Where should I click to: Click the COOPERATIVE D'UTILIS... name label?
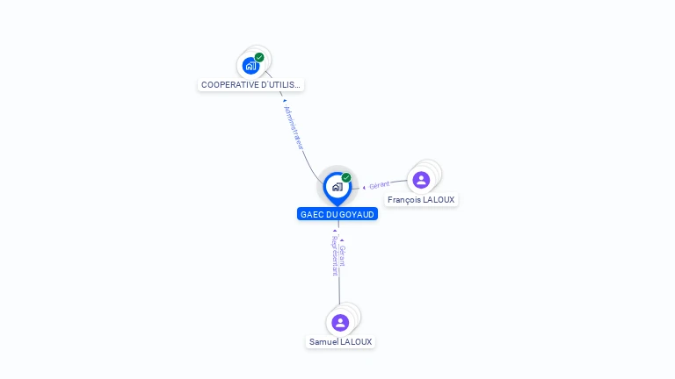tap(250, 85)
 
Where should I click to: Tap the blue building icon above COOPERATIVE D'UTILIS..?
tap(251, 65)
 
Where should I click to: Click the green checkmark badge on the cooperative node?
tap(259, 57)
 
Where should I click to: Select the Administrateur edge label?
tap(294, 128)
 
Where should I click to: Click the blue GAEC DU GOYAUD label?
tap(337, 214)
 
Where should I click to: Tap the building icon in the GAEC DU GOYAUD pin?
tap(337, 186)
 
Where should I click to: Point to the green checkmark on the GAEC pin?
tap(346, 178)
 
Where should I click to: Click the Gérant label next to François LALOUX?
tap(380, 185)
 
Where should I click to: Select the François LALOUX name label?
tap(421, 200)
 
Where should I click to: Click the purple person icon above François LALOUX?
tap(421, 180)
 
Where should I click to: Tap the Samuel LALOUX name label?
tap(340, 342)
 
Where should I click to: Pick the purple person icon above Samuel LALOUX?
tap(340, 322)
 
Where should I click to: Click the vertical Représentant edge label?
tap(334, 255)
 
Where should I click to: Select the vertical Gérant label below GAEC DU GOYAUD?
tap(343, 255)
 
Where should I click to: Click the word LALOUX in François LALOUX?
tap(439, 200)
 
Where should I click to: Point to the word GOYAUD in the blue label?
tap(357, 214)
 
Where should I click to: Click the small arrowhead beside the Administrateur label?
tap(285, 101)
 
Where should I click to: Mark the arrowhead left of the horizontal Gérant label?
tap(364, 188)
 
